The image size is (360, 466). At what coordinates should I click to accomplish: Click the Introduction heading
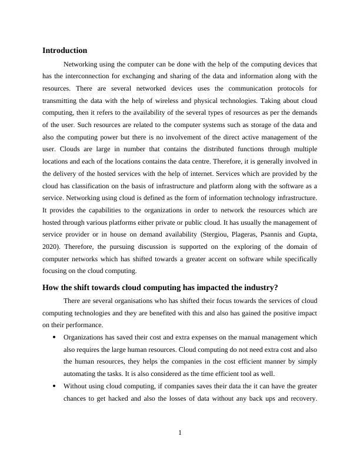pyautogui.click(x=65, y=51)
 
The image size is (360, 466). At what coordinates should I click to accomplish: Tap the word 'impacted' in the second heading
pyautogui.click(x=219, y=288)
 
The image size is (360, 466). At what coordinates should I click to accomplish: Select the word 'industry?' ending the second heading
pyautogui.click(x=259, y=288)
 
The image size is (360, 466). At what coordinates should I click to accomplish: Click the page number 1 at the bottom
pyautogui.click(x=180, y=434)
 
